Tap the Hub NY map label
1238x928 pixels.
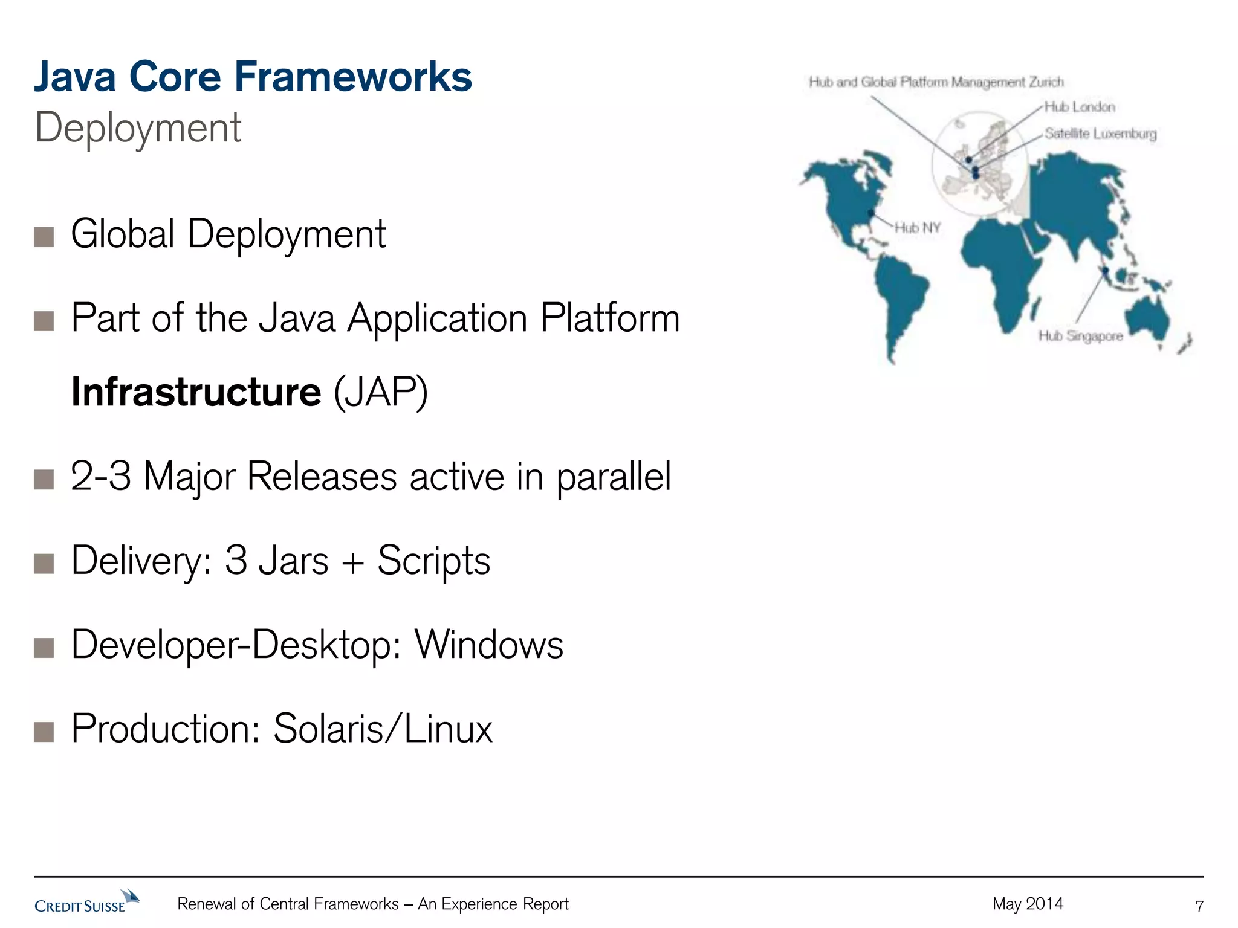point(917,228)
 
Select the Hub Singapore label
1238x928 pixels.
point(1080,336)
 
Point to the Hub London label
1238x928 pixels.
point(1080,107)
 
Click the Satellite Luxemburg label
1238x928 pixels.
point(1100,134)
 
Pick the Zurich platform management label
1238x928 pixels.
point(936,82)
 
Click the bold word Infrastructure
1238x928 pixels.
point(196,392)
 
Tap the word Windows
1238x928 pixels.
point(488,644)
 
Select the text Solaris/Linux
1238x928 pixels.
point(383,729)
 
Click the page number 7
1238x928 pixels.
point(1199,906)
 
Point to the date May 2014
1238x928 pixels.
point(1028,904)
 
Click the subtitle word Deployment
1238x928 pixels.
point(138,127)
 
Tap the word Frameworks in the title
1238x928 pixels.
point(352,77)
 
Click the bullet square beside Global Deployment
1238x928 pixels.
point(44,237)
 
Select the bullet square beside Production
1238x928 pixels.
point(44,731)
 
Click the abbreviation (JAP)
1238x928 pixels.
point(381,392)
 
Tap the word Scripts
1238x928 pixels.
point(433,560)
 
